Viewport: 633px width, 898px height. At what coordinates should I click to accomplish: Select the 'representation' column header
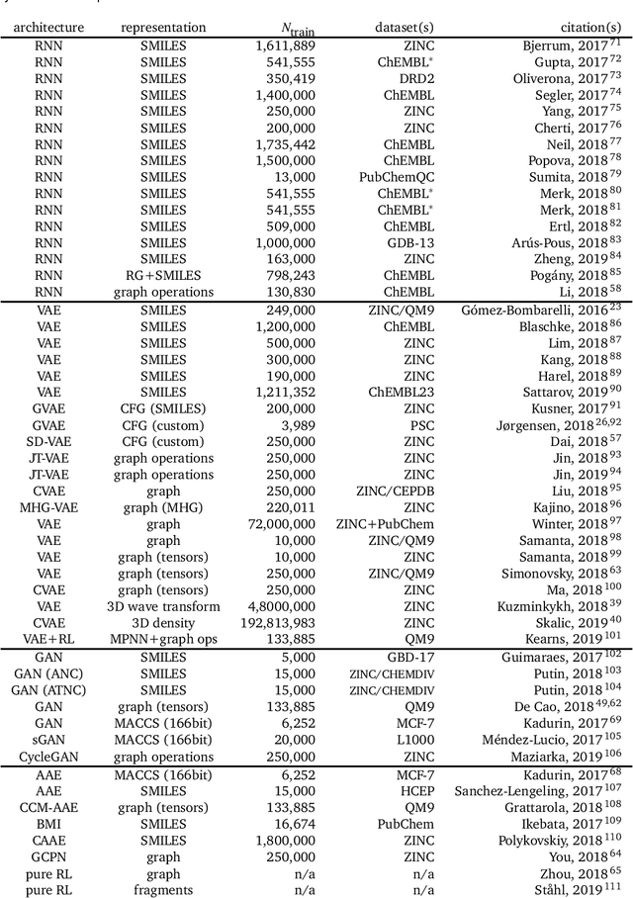[x=163, y=28]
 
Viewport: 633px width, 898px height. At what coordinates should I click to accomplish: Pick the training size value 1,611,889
[x=285, y=45]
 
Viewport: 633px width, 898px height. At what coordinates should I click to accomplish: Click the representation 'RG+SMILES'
[x=163, y=274]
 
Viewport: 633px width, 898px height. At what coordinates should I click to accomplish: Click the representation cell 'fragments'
[x=163, y=890]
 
